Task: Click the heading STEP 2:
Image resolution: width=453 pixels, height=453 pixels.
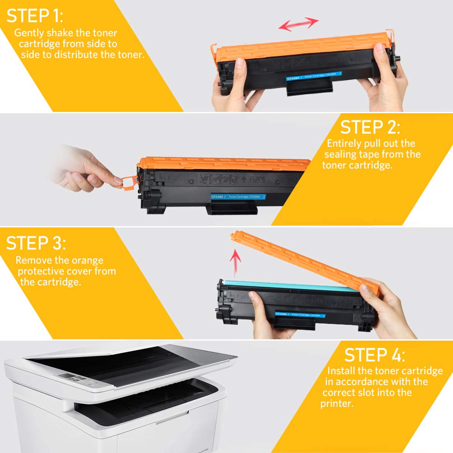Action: point(370,127)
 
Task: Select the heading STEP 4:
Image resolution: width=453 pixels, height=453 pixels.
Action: point(375,355)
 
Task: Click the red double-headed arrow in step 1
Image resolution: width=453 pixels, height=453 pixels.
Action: point(299,24)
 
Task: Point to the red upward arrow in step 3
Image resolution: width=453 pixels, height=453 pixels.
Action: point(235,262)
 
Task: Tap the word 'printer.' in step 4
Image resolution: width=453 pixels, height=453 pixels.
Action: point(337,403)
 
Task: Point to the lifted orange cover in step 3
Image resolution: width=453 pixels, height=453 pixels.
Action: point(304,260)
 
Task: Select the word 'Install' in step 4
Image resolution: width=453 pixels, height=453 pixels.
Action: point(343,371)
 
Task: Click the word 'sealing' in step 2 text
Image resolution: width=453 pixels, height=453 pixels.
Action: point(340,154)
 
